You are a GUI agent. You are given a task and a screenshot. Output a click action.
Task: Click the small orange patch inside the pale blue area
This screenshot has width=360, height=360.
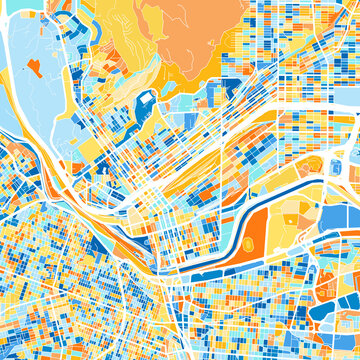34,68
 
